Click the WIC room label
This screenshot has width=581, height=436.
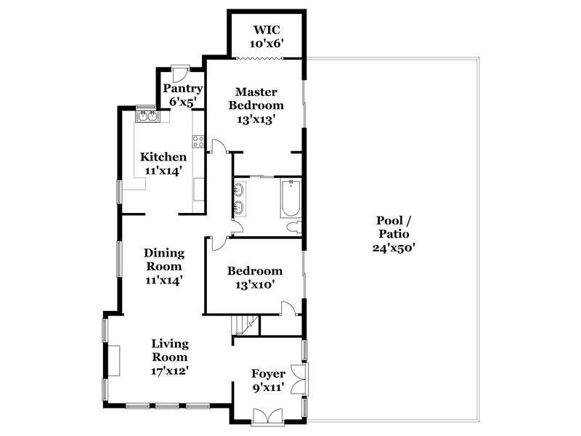[x=267, y=29]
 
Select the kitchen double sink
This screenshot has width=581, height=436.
[x=147, y=116]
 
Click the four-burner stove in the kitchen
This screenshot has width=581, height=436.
[x=198, y=141]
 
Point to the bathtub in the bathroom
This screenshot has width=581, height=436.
[x=290, y=198]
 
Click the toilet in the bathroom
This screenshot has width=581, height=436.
[x=295, y=227]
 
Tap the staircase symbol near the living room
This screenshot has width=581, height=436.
[x=245, y=325]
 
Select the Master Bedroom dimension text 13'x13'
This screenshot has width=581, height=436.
[x=256, y=119]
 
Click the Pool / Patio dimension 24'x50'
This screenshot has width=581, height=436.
[x=393, y=248]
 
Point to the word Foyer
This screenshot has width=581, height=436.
[x=268, y=374]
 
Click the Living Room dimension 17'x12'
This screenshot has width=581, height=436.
[x=170, y=371]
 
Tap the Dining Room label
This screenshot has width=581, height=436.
[x=164, y=259]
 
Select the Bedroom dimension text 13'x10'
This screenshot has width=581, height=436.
[x=255, y=285]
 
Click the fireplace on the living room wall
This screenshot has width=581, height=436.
[x=113, y=360]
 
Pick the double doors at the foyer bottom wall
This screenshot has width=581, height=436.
[x=267, y=416]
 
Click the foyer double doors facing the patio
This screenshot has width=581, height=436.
[x=298, y=379]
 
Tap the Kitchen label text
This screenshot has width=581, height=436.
[x=163, y=157]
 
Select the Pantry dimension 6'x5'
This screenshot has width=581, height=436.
[x=182, y=102]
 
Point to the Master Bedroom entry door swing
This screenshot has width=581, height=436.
[x=219, y=146]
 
